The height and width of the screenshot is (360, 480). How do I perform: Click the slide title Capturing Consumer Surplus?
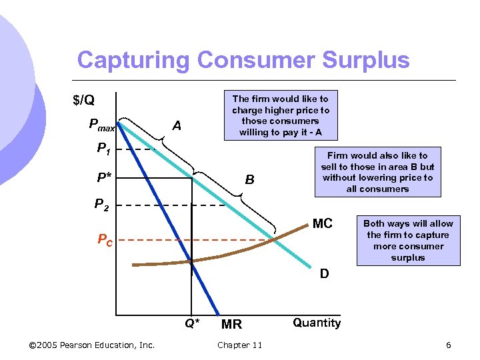coord(243,60)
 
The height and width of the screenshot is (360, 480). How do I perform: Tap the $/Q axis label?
coord(83,101)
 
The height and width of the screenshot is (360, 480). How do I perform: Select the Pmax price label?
coord(102,125)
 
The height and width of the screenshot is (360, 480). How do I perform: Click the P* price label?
coord(104,179)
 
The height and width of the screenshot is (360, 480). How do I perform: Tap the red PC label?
coord(105,240)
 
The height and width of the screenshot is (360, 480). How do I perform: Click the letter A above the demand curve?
coord(177,125)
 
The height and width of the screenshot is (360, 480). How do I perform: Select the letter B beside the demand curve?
coord(249,179)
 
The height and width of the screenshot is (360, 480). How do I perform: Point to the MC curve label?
coord(322,223)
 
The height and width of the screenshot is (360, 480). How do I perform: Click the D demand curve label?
coord(324,273)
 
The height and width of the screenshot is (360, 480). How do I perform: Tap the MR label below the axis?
coord(231,325)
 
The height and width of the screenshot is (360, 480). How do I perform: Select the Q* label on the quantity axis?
coord(191,324)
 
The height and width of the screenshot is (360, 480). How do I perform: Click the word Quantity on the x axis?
coord(317,323)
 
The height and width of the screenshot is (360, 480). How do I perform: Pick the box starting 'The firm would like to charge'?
coord(280,115)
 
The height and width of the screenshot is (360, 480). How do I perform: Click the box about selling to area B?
coord(377,172)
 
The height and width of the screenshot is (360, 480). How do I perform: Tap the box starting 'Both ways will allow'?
coord(408,241)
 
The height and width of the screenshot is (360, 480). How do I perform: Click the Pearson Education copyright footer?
coord(92,345)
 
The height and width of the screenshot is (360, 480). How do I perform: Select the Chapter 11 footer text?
coord(239,345)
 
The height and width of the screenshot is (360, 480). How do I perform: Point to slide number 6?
coord(449,345)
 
